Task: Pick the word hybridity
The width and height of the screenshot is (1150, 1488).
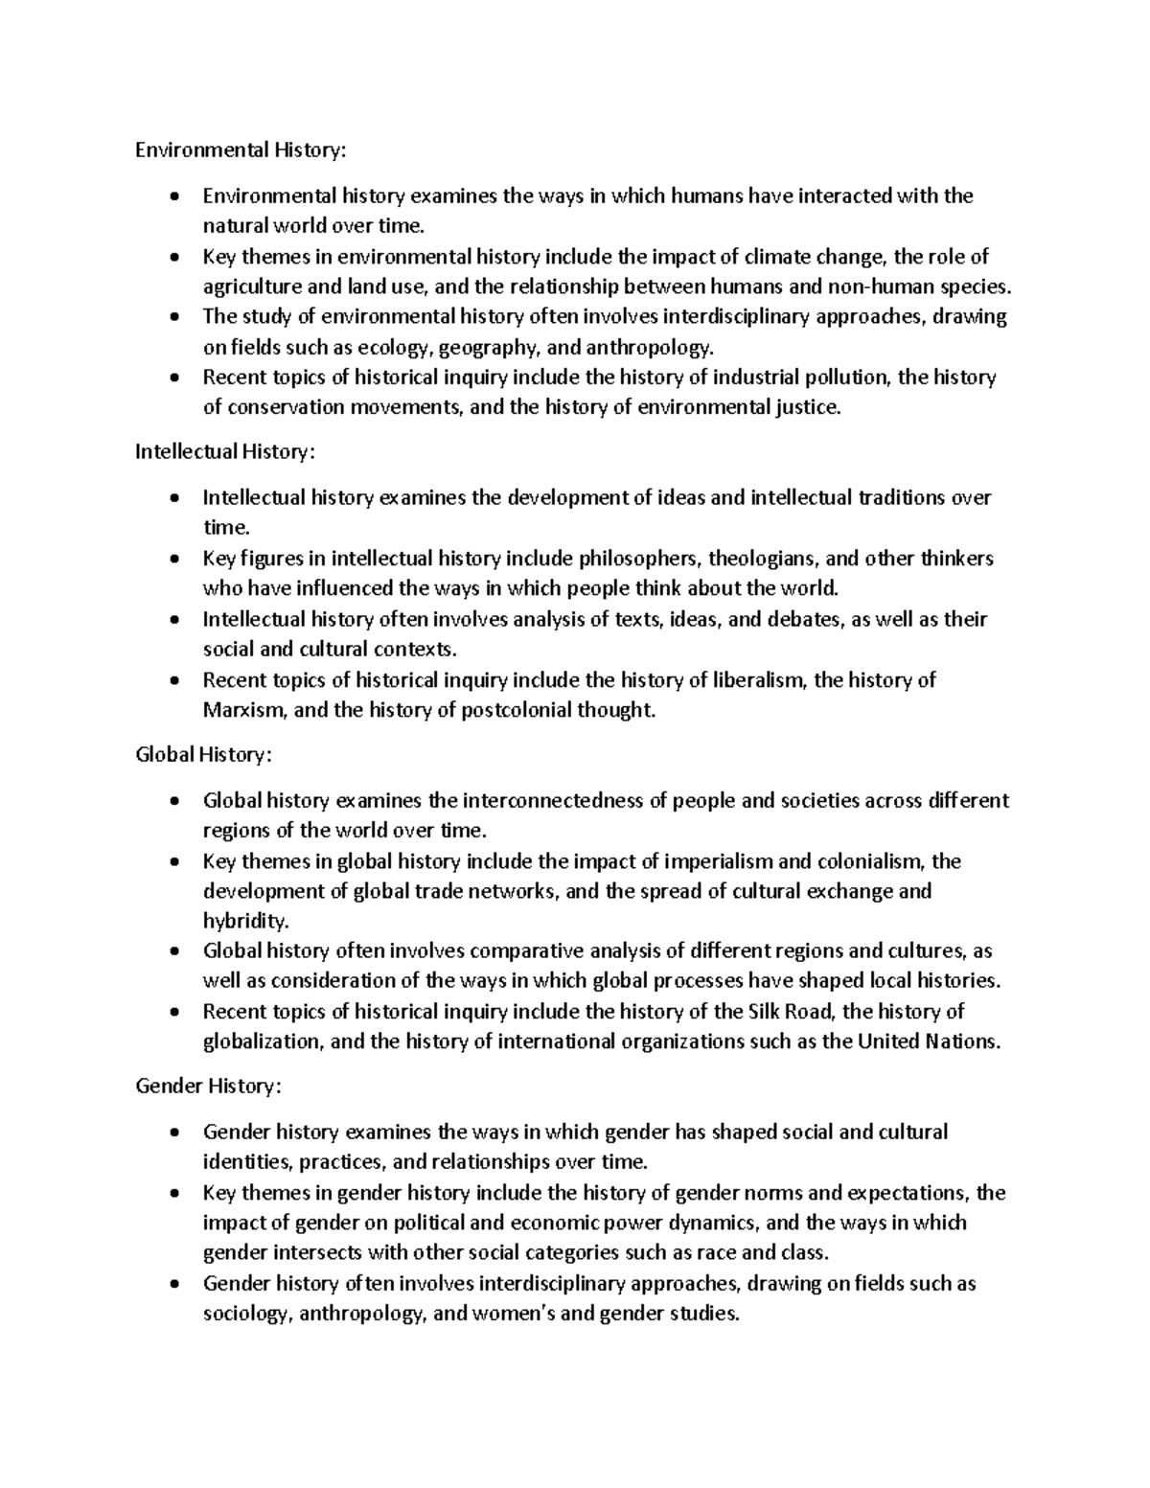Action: pyautogui.click(x=243, y=922)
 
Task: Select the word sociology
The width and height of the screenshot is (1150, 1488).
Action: pyautogui.click(x=244, y=1314)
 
